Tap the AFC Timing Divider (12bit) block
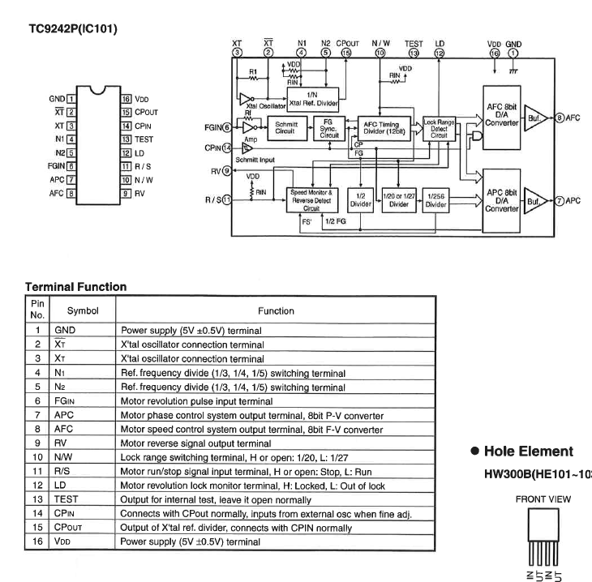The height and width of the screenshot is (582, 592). point(387,128)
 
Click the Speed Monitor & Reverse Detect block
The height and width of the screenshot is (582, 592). point(311,199)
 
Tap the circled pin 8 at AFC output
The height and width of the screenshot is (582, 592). point(559,118)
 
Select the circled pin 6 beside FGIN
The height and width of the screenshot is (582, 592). point(226,127)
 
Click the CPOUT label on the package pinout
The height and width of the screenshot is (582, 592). point(149,112)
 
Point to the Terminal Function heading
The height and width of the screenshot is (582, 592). point(75,287)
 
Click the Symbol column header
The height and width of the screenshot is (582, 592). point(83,310)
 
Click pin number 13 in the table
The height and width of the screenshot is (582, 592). point(37,499)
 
